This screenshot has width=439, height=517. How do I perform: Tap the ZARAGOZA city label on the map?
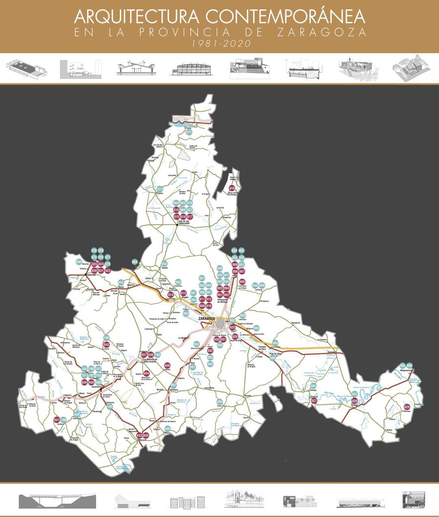[206, 318]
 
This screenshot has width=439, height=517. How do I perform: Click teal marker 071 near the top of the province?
[189, 132]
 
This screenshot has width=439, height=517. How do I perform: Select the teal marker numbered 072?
[160, 189]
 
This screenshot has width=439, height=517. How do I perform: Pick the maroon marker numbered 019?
[232, 188]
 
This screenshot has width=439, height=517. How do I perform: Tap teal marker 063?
[135, 262]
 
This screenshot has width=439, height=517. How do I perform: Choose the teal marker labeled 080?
[79, 262]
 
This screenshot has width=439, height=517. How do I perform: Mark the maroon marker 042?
[106, 345]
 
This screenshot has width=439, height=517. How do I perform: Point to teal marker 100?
[110, 407]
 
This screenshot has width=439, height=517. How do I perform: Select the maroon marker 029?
[407, 407]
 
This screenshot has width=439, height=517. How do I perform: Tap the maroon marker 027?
[314, 401]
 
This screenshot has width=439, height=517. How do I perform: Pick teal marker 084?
[275, 342]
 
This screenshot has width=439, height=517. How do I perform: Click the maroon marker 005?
[242, 281]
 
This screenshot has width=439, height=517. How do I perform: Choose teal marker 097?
[174, 385]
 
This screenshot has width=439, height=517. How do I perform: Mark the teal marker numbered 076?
[120, 282]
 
